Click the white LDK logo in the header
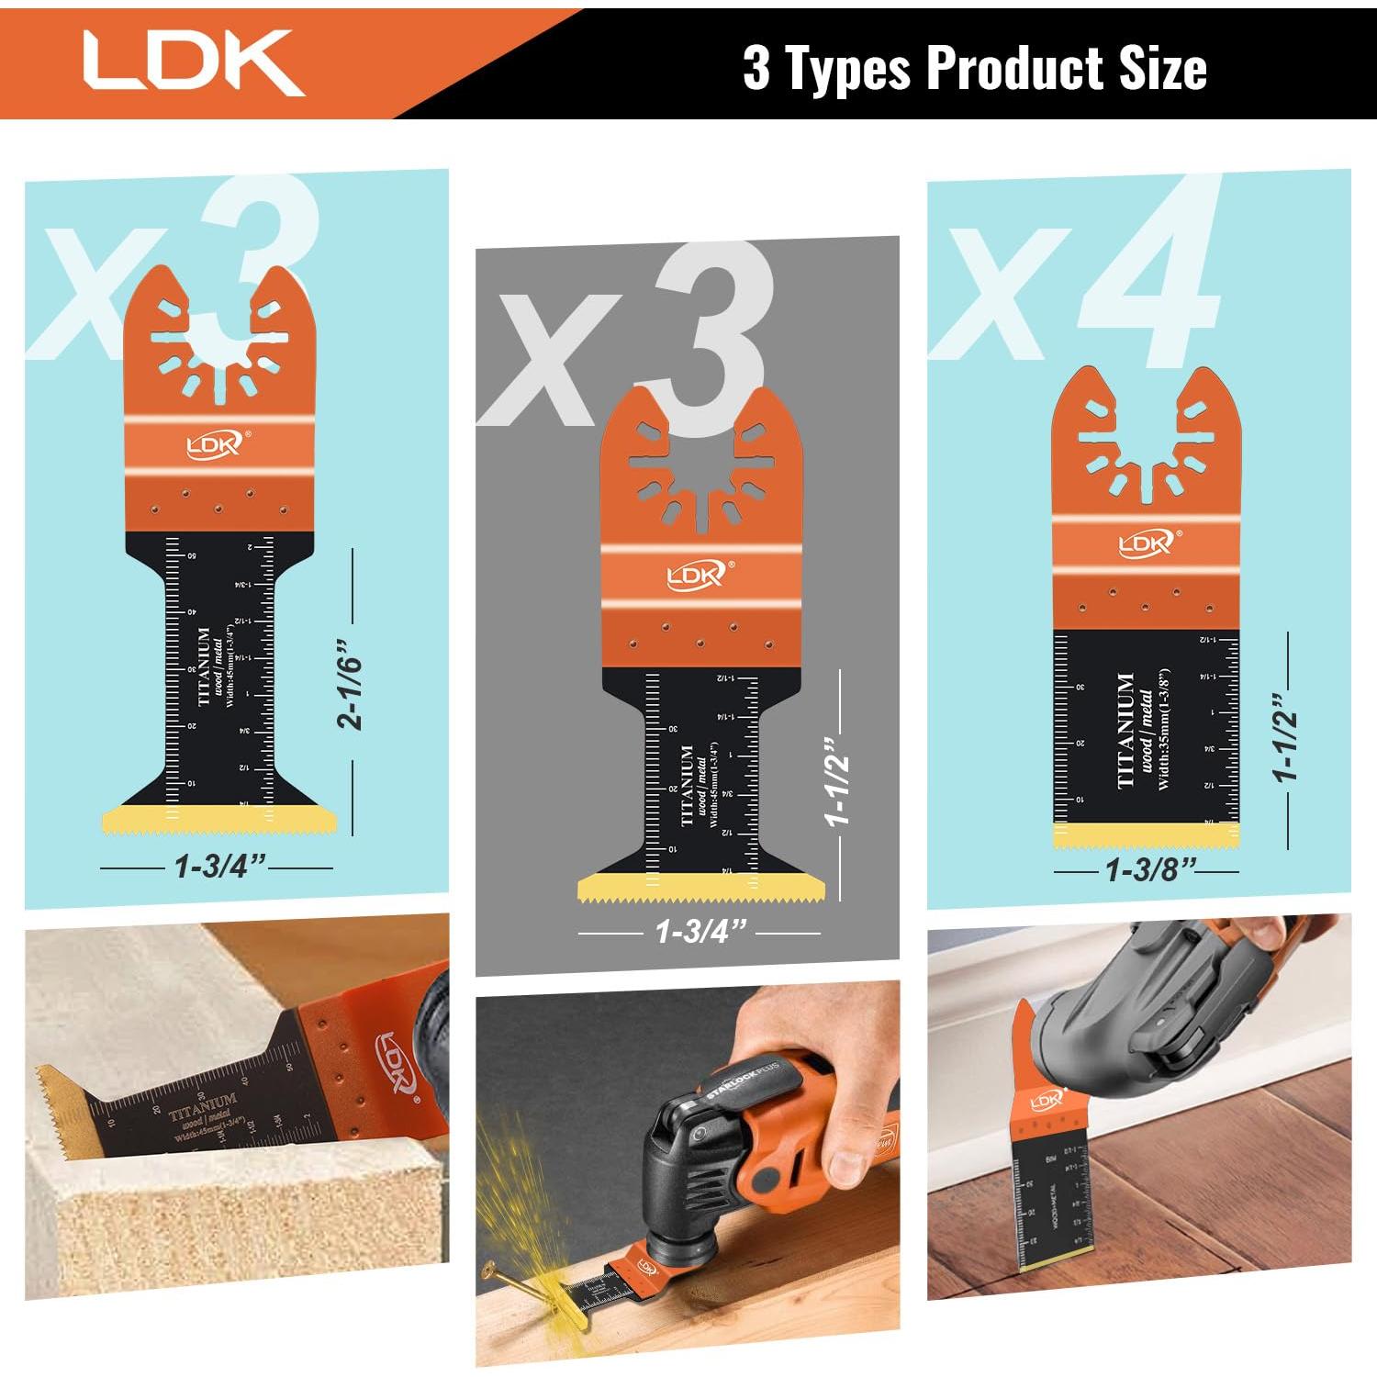(x=193, y=62)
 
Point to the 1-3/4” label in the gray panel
(x=700, y=931)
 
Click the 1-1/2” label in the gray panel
(x=838, y=780)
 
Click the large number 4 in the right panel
(x=1147, y=275)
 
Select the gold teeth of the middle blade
(x=700, y=888)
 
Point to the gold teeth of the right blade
(x=1146, y=835)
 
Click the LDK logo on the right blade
(x=1146, y=543)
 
